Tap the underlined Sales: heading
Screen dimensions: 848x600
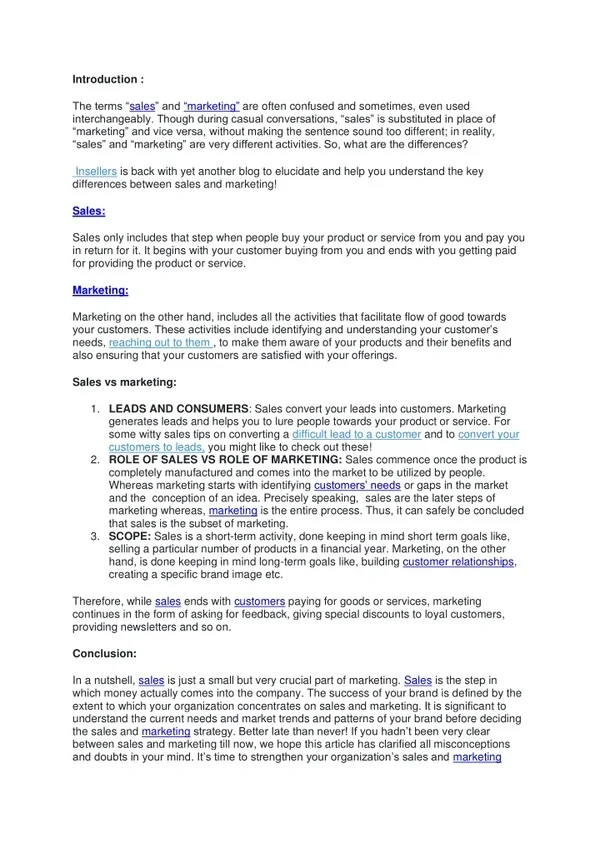coord(89,211)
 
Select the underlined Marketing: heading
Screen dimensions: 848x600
coord(100,290)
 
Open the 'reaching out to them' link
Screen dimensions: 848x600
coord(160,342)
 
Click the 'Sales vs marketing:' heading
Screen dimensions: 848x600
coord(125,381)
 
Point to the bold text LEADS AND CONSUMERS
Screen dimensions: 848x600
coord(179,409)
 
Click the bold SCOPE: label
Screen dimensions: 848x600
coord(130,537)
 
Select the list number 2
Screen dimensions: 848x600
coord(94,460)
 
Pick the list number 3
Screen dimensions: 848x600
coord(94,537)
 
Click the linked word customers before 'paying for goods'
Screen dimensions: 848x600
coord(260,602)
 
